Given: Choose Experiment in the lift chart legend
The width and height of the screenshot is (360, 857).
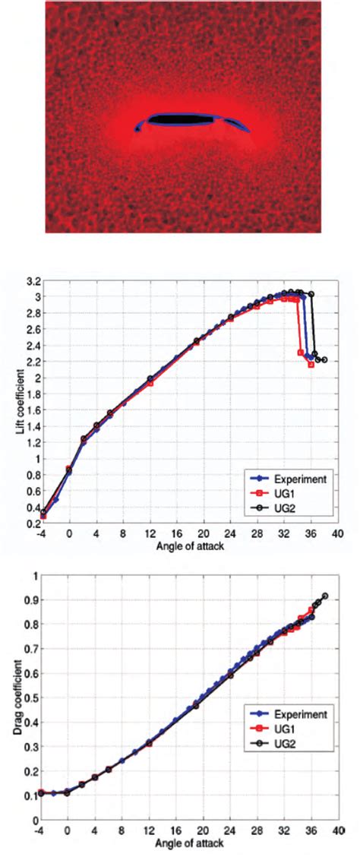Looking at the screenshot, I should [293, 479].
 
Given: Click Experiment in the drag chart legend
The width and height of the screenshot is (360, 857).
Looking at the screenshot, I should [292, 715].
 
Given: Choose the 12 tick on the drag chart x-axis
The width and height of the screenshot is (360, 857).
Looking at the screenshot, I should [150, 831].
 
